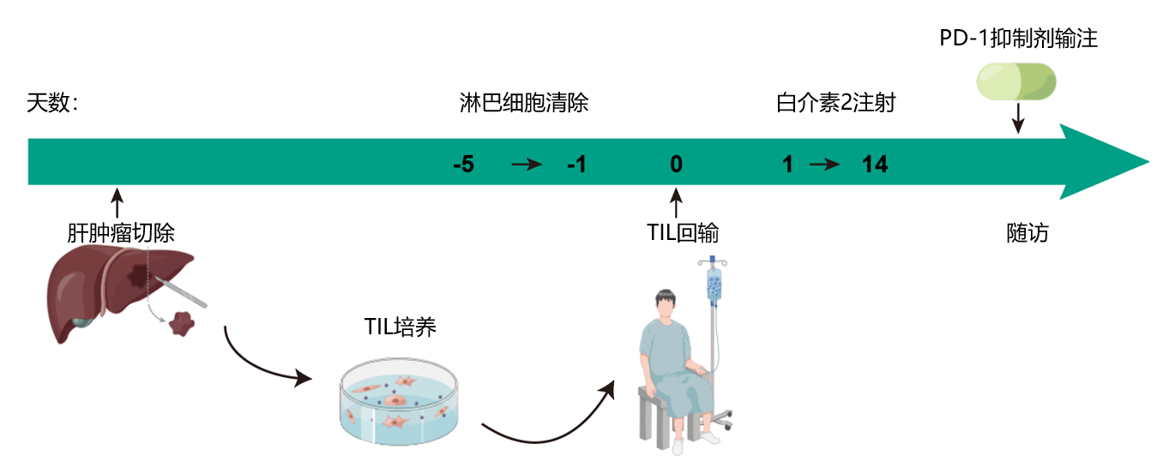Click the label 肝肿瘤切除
pos(121,232)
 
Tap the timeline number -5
pos(463,164)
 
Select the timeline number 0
pos(677,164)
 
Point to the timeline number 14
pos(874,164)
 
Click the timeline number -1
pos(576,164)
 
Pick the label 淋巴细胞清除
pos(524,105)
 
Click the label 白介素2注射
pos(835,105)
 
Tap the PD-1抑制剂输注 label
pos(1018,39)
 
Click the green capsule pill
pos(1017,83)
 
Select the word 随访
pos(1027,233)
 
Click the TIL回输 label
pos(683,233)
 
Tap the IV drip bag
pos(714,284)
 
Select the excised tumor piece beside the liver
pos(181,322)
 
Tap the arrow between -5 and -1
pos(527,165)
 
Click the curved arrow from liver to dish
pos(262,363)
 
